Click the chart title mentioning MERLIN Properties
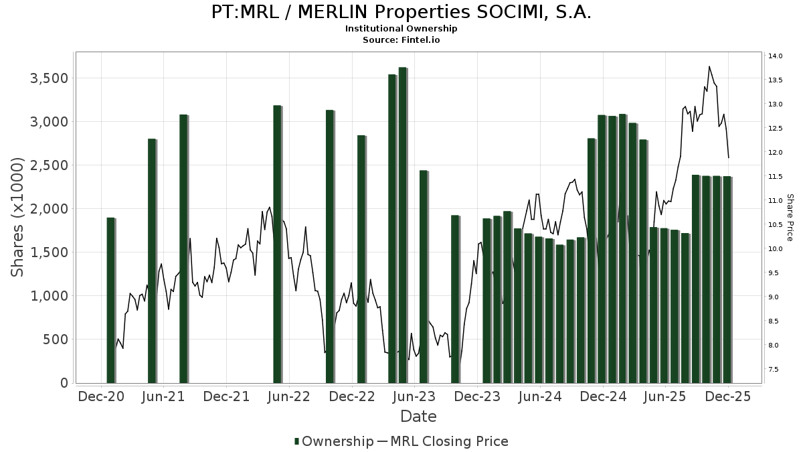401,13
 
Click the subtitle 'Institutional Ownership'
401,29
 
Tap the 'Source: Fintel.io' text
401,40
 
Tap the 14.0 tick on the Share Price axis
776,56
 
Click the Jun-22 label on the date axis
289,396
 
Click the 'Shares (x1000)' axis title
17,217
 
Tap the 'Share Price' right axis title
790,217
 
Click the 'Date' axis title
418,417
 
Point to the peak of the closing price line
709,66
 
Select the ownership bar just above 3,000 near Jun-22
277,244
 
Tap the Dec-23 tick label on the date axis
478,396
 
